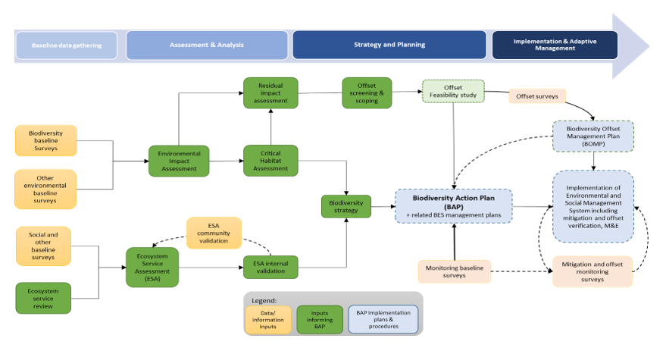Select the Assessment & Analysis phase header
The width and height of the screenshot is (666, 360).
point(207,45)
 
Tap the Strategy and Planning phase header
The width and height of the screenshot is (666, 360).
point(389,45)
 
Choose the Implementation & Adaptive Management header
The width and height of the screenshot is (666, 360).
point(554,45)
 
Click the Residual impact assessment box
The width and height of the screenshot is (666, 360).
point(270,92)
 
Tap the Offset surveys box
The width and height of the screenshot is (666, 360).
point(537,97)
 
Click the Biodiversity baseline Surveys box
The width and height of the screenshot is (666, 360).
point(46,141)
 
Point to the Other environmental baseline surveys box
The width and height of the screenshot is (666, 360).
point(46,189)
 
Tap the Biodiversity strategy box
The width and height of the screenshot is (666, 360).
point(346,206)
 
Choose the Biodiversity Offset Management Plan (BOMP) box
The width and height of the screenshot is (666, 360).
point(593,137)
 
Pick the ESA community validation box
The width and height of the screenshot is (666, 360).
point(214,233)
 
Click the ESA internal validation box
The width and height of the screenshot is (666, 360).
point(270,267)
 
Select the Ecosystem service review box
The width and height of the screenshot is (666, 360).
point(43,298)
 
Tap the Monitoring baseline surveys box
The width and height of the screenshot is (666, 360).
point(454,271)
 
